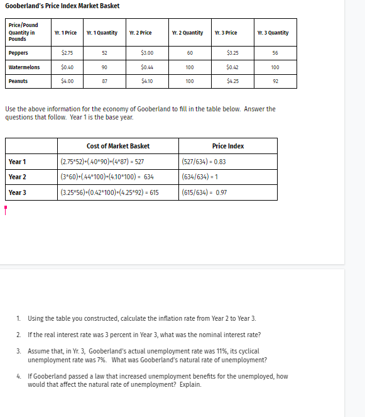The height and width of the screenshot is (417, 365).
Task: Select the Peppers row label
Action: (x=18, y=53)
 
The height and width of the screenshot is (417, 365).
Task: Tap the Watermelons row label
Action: (x=24, y=67)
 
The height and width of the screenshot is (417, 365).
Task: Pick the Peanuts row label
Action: (x=18, y=81)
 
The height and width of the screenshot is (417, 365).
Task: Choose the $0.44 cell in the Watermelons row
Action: (x=148, y=67)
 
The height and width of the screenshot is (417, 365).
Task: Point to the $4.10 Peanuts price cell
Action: (x=148, y=81)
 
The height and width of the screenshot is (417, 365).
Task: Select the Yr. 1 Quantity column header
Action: (x=102, y=33)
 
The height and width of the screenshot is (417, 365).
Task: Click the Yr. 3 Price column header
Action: (x=226, y=33)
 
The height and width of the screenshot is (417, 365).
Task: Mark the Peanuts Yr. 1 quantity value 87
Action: (x=104, y=81)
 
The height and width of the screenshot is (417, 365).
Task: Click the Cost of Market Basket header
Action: (x=118, y=146)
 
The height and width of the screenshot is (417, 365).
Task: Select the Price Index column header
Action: (x=228, y=146)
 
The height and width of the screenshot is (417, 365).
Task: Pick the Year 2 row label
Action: (x=18, y=177)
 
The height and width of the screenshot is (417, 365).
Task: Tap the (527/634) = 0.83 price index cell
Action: (x=204, y=162)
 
